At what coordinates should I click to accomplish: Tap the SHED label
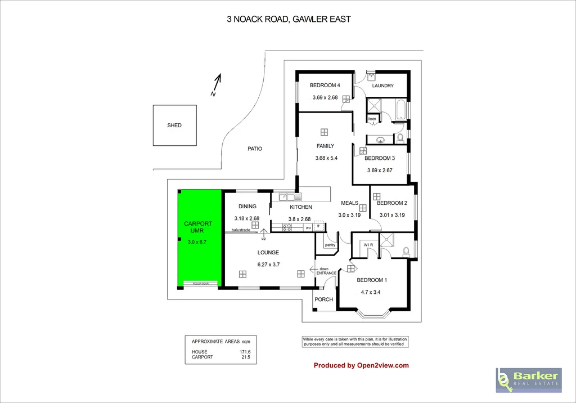pos(174,126)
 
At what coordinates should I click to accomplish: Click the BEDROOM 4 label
pos(325,86)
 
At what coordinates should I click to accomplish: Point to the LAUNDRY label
pos(382,86)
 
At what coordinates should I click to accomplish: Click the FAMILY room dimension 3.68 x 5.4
pos(326,158)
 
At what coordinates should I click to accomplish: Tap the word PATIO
pos(255,149)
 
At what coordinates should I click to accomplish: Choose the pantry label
pos(330,245)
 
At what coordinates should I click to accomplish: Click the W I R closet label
pos(369,245)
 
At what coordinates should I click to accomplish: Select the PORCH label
pos(323,299)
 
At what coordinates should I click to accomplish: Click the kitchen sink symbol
pos(290,197)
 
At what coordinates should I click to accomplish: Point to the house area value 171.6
pos(245,352)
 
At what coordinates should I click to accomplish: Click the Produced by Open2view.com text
pos(361,365)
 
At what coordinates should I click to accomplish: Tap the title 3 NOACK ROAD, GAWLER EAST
pos(289,19)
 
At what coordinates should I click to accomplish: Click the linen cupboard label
pos(372,119)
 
